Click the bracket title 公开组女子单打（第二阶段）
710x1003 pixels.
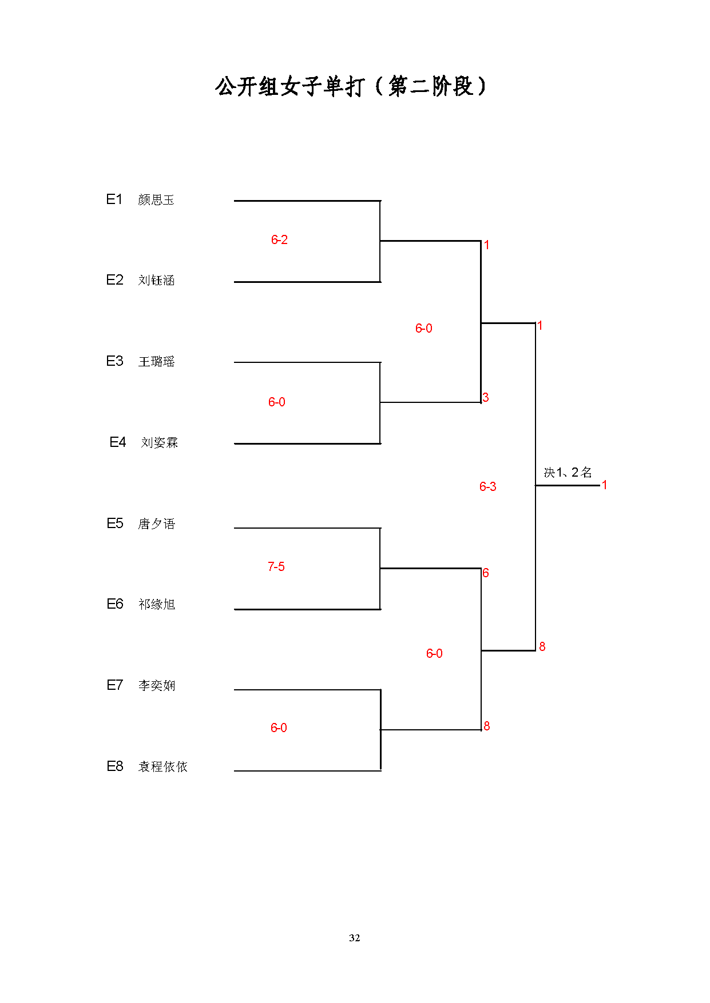pos(351,86)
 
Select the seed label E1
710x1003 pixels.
pos(114,199)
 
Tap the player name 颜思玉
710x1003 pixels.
pos(156,199)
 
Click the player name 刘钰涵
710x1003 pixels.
pos(156,280)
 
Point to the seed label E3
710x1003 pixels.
pos(114,361)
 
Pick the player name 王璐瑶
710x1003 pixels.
pos(156,361)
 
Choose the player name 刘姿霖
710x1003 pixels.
pos(160,442)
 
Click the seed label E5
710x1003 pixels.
pos(115,523)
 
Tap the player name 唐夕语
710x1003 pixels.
pos(156,524)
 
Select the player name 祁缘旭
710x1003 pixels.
pos(156,604)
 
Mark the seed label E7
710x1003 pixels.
pos(115,685)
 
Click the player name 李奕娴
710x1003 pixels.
pos(156,685)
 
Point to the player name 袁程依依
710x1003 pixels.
pos(162,766)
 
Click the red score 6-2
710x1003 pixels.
pos(279,239)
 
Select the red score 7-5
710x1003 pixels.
pos(276,566)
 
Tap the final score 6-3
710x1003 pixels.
pos(488,486)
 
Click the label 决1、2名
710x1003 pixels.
pos(568,472)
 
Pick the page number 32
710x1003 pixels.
pos(355,938)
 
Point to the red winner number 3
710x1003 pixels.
pos(486,397)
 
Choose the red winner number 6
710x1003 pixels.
pos(486,573)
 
